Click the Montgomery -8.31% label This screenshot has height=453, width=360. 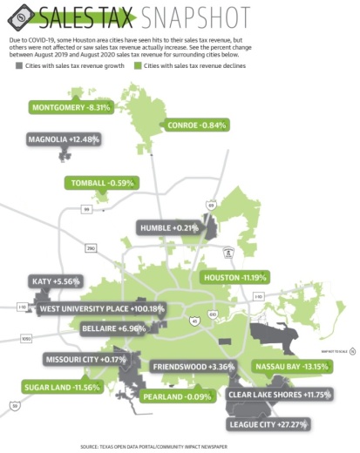click(71, 108)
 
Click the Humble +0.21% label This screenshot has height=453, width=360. click(170, 227)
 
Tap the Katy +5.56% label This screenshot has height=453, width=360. click(54, 282)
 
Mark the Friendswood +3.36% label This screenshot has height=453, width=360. click(190, 366)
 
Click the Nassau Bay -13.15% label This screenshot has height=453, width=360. click(290, 366)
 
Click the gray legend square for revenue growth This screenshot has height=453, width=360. click(15, 64)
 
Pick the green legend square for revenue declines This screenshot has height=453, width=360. click(138, 64)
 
